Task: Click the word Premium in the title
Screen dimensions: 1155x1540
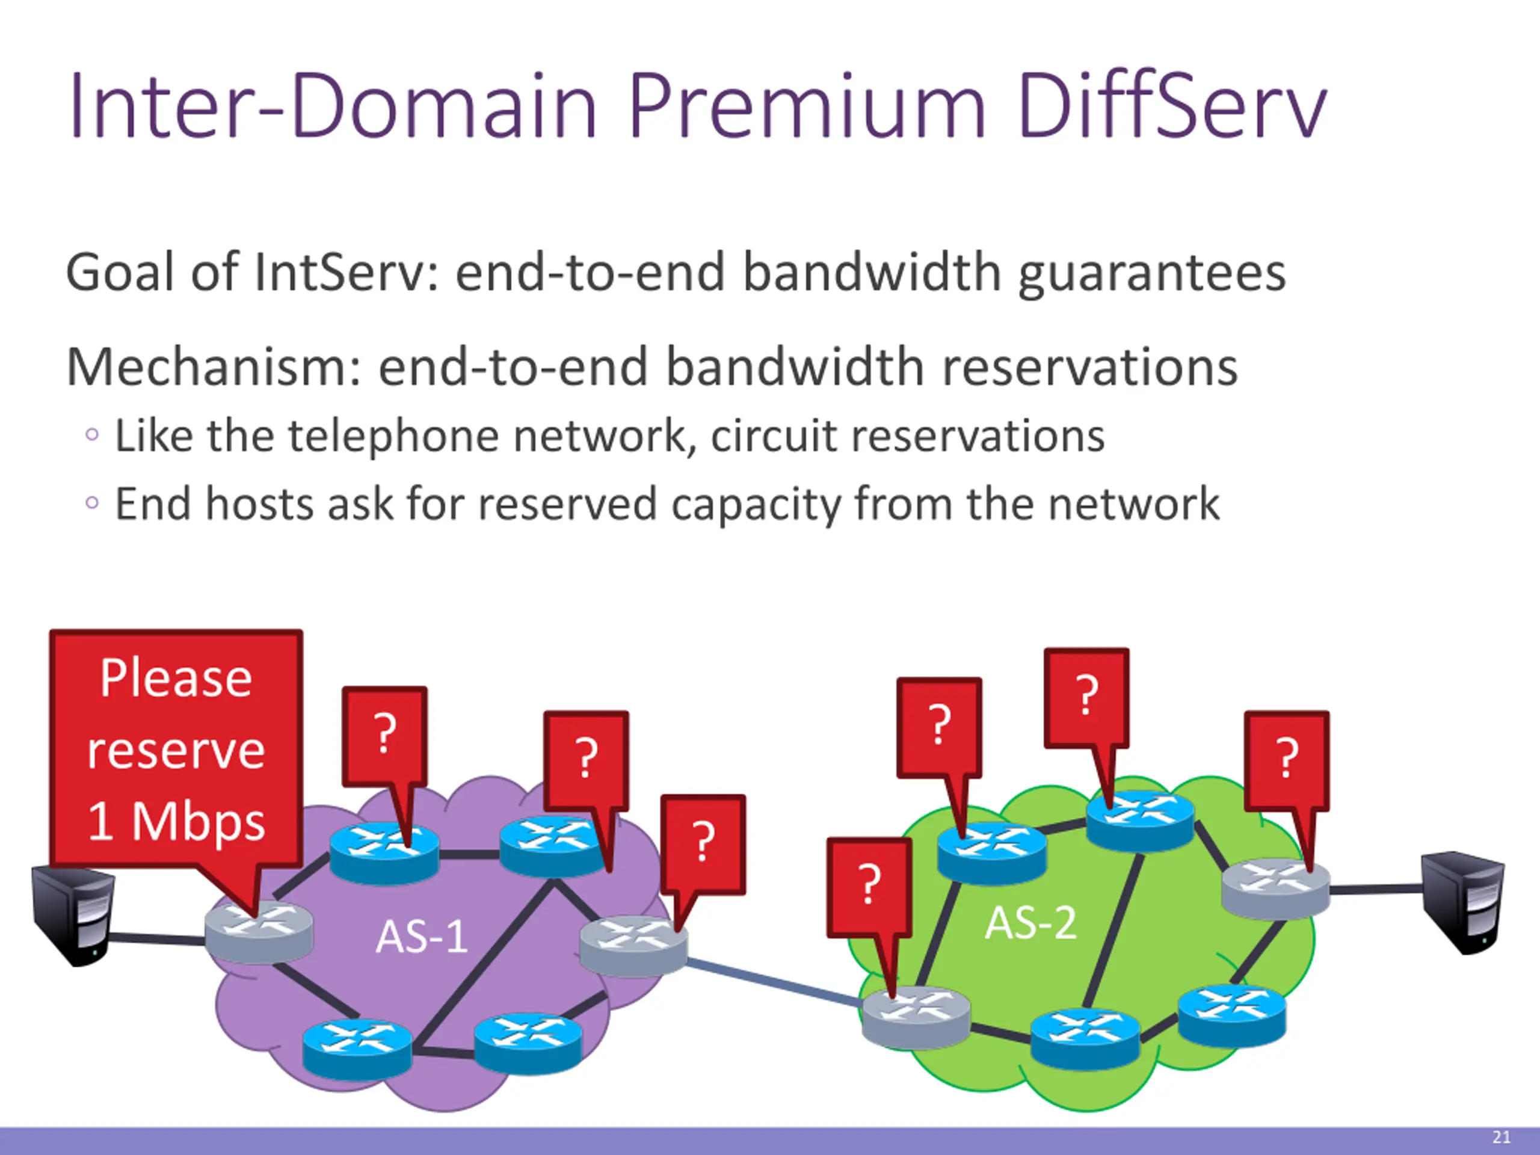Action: [x=807, y=106]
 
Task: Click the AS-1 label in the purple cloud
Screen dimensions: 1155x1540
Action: [x=421, y=937]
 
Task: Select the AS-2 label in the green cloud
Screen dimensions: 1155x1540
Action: [x=1030, y=924]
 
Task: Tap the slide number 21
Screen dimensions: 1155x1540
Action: [x=1501, y=1138]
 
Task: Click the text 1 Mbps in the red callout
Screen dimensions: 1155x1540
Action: [x=176, y=822]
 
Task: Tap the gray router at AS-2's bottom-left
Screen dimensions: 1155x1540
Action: [x=916, y=1017]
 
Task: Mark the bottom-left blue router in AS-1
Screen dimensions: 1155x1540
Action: [x=357, y=1048]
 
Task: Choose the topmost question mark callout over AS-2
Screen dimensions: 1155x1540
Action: [x=1086, y=696]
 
